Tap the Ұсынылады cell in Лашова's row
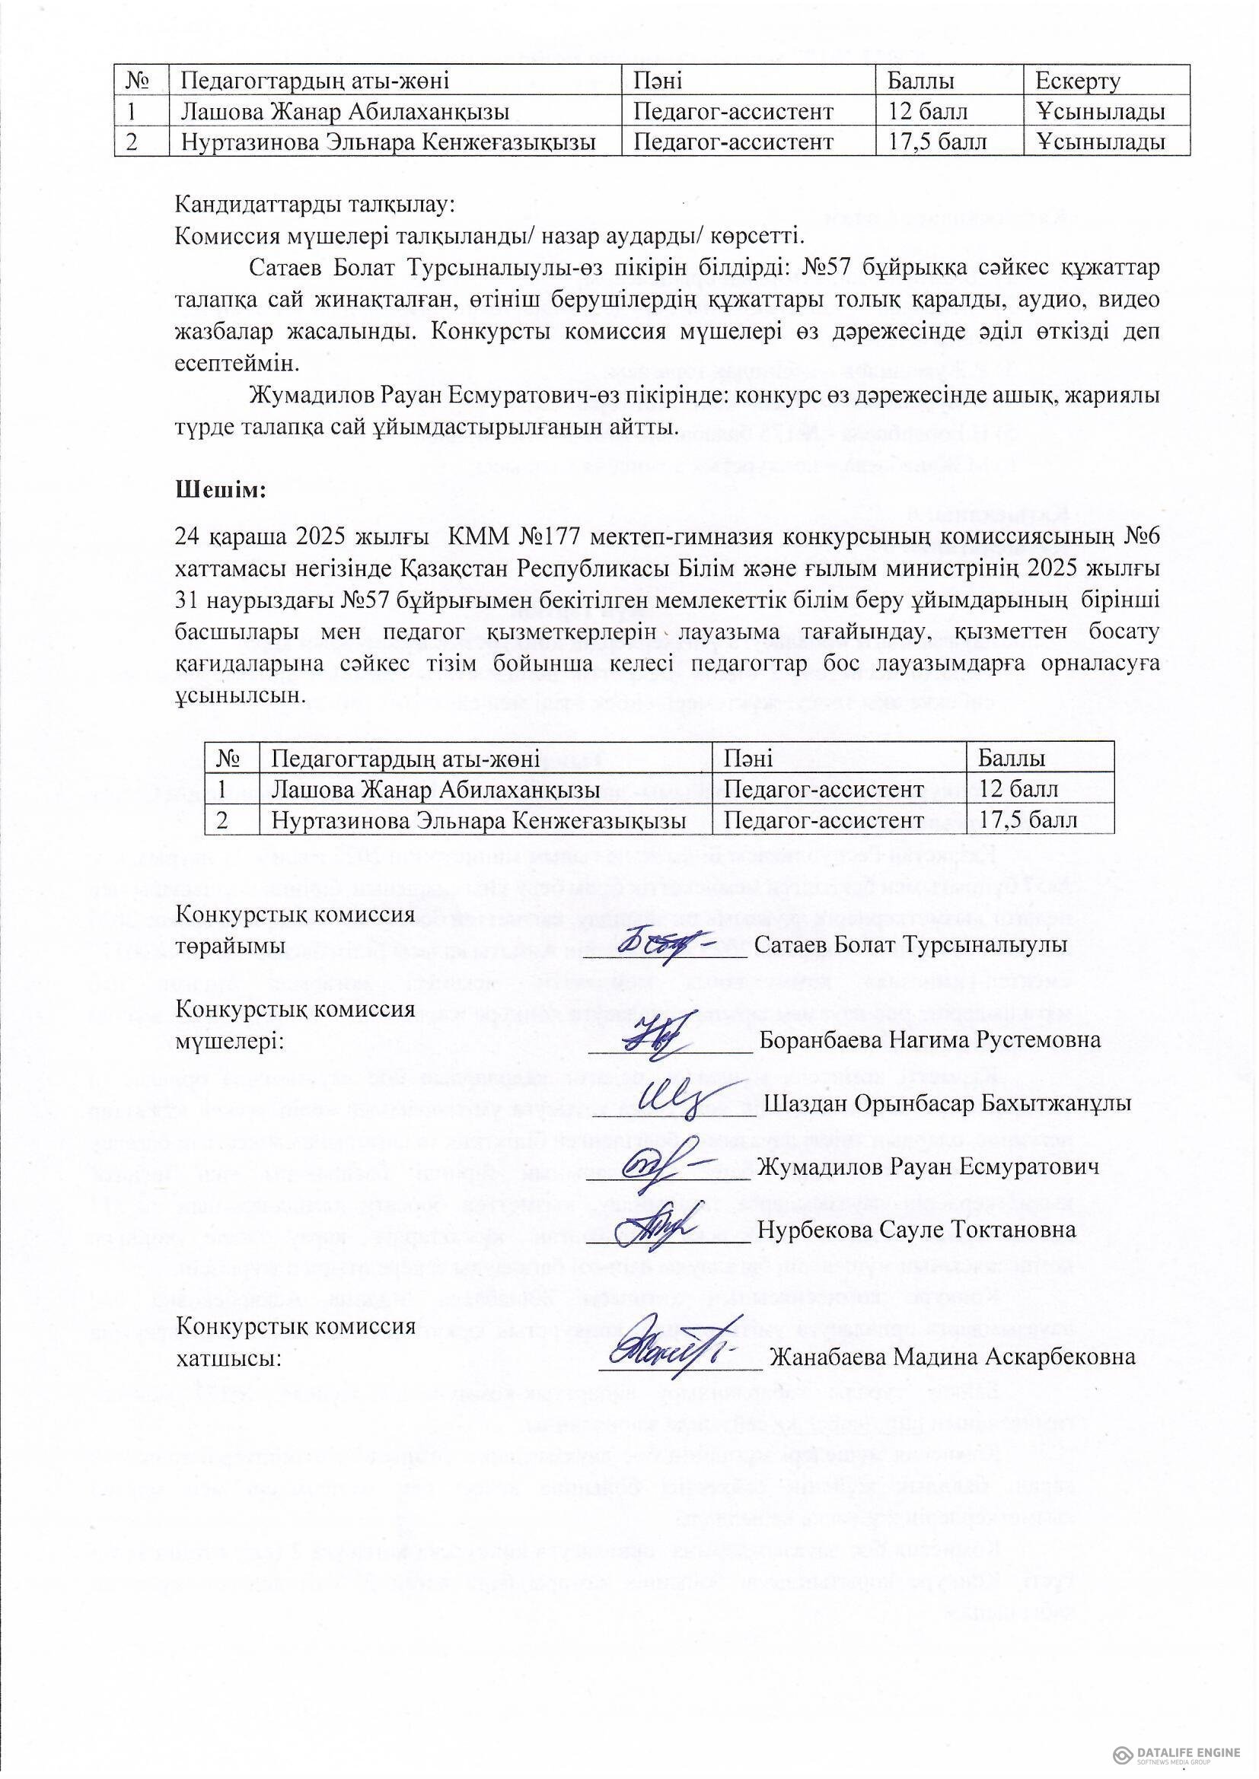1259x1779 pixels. coord(1101,112)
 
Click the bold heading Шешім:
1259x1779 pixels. coord(222,491)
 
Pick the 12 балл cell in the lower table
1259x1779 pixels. coord(1018,789)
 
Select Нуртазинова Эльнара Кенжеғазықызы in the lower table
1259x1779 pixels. coord(478,819)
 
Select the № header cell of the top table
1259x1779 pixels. coord(141,81)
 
